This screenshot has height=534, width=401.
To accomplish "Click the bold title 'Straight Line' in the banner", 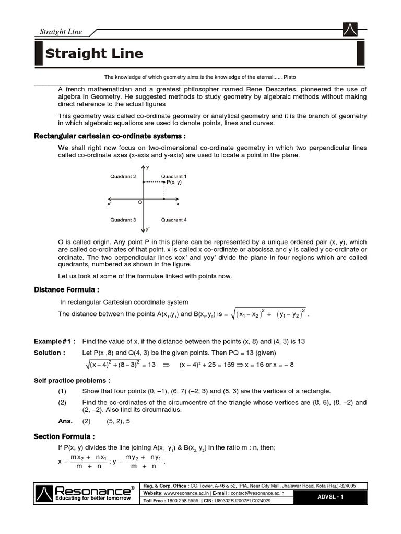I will pyautogui.click(x=94, y=54).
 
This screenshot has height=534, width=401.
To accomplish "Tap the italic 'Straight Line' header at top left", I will pyautogui.click(x=61, y=32).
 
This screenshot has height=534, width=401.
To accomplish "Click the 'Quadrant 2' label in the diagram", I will pyautogui.click(x=123, y=177).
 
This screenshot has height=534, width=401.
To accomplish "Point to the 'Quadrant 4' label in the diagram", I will pyautogui.click(x=174, y=220).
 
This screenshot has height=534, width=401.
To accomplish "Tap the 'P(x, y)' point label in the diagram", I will pyautogui.click(x=174, y=183).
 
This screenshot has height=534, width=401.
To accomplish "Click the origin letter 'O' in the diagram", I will pyautogui.click(x=139, y=202).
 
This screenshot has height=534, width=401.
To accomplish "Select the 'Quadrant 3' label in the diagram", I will pyautogui.click(x=123, y=220).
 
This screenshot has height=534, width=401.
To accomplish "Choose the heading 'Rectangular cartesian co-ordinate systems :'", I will pyautogui.click(x=110, y=136).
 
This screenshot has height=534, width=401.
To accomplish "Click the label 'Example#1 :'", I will pyautogui.click(x=55, y=341).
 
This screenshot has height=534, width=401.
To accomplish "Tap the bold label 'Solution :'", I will pyautogui.click(x=50, y=353).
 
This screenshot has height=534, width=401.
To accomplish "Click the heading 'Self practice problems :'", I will pyautogui.click(x=72, y=380).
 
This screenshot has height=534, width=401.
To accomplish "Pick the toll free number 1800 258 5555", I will pyautogui.click(x=181, y=501).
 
